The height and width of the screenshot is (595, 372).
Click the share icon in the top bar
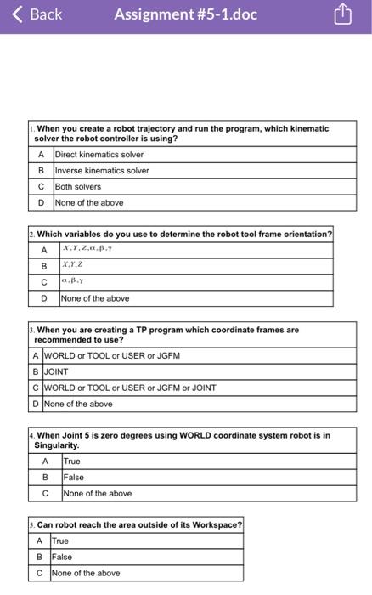(x=341, y=14)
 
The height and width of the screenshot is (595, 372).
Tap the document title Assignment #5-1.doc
(x=185, y=14)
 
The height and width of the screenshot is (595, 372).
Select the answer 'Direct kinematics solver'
(x=99, y=155)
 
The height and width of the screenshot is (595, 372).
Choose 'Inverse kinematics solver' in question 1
(x=102, y=171)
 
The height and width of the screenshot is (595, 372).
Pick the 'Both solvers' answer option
(x=78, y=187)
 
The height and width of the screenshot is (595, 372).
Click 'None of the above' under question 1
(x=89, y=203)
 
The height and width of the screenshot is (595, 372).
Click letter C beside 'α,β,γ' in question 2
(x=43, y=282)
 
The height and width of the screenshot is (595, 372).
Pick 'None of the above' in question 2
(x=95, y=298)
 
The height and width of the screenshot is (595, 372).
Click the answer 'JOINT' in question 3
(x=56, y=371)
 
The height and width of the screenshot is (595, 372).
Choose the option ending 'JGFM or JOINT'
(x=130, y=388)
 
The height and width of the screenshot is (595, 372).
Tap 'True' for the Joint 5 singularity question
(x=72, y=462)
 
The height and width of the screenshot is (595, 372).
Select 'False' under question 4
(x=74, y=478)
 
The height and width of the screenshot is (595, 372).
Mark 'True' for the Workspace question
(x=60, y=541)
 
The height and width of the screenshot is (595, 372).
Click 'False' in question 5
(x=62, y=558)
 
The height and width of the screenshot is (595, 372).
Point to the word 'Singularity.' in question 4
(x=57, y=445)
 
